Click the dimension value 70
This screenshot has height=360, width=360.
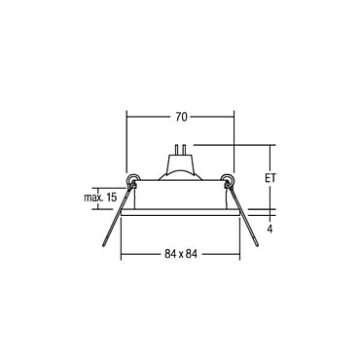182,117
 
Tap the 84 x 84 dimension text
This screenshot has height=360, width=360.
181,254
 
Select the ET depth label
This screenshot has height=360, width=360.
270,178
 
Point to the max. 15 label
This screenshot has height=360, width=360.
100,198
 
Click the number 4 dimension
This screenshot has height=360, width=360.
270,229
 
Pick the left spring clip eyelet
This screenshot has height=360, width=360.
132,179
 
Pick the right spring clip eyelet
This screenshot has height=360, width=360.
228,179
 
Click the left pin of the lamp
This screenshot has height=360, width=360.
177,150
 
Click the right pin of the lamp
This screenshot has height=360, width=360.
184,150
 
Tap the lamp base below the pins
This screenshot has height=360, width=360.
180,163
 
